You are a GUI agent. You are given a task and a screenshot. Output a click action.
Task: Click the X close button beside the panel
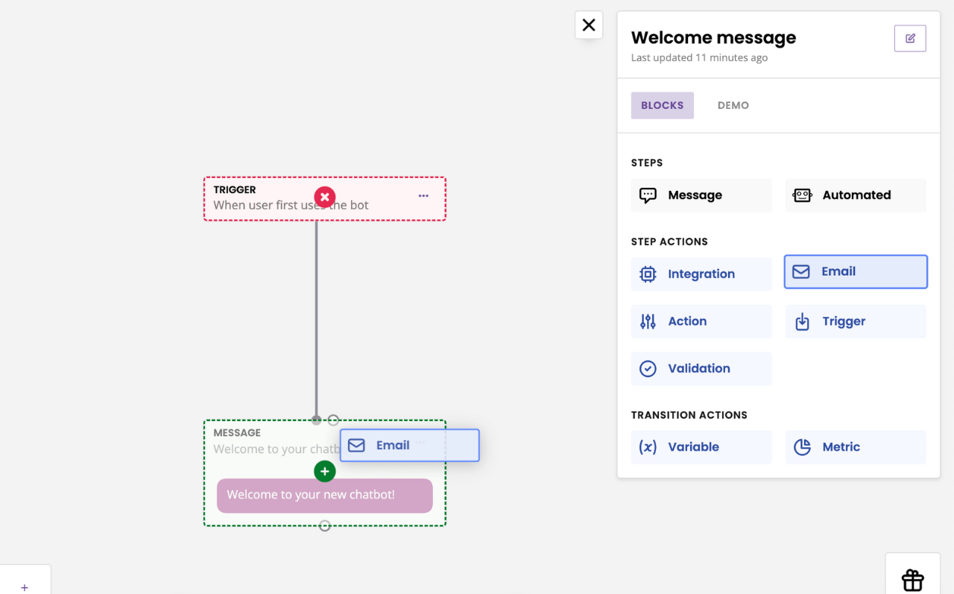coord(589,25)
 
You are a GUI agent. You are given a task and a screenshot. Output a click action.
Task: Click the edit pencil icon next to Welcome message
coord(910,39)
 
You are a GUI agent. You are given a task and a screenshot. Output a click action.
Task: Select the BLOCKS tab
coord(662,105)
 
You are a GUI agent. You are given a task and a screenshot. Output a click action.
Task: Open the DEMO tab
coord(733,105)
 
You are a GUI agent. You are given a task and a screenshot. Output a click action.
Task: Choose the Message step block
coord(701,195)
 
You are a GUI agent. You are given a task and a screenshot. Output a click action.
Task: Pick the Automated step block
coord(856,195)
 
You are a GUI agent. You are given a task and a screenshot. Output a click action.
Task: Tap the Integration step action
coord(701,274)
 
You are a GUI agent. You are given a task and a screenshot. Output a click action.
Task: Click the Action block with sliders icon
coord(701,321)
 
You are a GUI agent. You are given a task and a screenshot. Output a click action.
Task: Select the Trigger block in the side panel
coord(856,321)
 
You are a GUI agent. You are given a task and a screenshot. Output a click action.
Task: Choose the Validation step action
coord(701,368)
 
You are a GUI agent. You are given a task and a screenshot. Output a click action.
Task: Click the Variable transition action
coord(701,447)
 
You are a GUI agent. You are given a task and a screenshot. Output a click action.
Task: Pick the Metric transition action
coord(856,447)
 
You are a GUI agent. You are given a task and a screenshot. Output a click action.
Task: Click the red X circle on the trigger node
coord(325,197)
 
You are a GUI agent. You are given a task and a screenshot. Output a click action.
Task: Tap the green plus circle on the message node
coord(325,471)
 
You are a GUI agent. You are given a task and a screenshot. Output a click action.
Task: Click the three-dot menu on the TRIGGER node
coord(423,196)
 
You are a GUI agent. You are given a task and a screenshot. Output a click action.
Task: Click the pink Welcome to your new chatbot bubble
coord(325,496)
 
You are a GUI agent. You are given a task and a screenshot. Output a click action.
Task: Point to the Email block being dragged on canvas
coord(409,446)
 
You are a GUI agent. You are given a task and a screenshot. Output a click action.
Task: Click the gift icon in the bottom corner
coord(913,579)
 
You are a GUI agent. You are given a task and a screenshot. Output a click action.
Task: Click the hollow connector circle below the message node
coord(325,526)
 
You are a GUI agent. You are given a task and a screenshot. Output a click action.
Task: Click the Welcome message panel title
coord(713,38)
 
